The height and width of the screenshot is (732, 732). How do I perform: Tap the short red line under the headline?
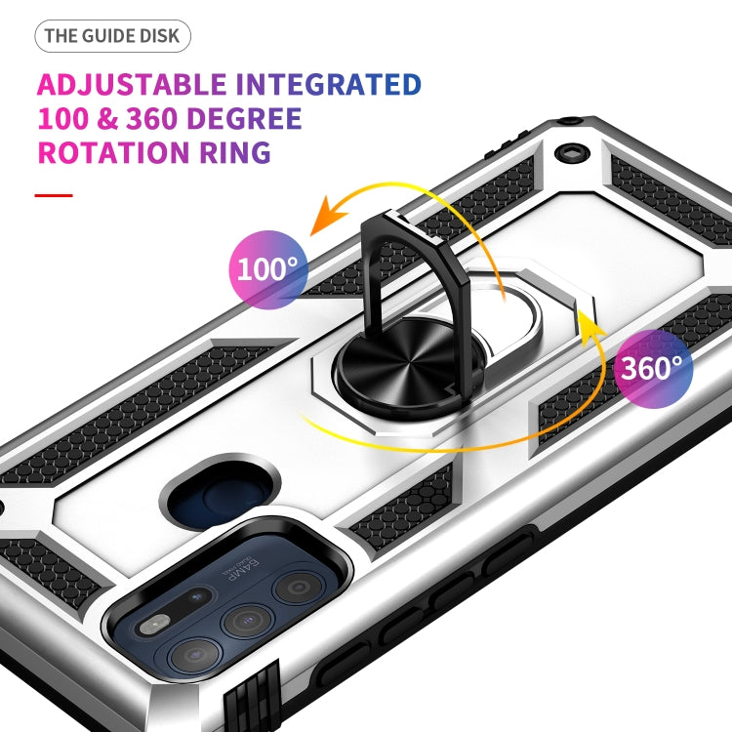coord(54,195)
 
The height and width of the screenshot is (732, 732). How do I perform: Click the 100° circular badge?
coord(267,267)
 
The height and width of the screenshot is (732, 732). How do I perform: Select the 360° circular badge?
coord(653,368)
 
